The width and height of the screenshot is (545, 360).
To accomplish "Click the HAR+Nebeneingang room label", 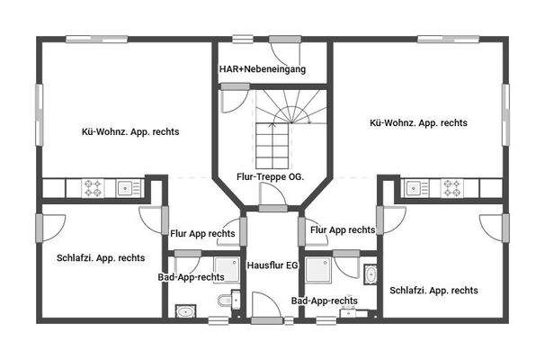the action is [x=263, y=69].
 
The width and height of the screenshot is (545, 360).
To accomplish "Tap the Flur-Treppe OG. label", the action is [x=270, y=176].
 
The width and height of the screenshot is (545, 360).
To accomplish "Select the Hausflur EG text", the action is [x=272, y=265].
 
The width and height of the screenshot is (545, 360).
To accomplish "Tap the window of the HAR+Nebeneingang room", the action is [x=243, y=40].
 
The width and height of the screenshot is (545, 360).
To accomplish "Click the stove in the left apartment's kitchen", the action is [x=94, y=188].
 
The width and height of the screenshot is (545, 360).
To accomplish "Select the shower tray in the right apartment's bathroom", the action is [x=318, y=270].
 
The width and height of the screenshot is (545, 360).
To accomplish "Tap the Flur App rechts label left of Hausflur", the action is [x=202, y=233].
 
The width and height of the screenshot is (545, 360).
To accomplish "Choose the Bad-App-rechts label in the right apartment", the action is [x=325, y=301].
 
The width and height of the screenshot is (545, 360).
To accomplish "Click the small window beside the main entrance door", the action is [x=289, y=320].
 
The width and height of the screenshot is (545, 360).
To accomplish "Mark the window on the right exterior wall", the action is [x=505, y=114].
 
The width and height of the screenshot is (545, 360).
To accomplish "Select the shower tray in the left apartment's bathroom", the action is [x=227, y=270].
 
